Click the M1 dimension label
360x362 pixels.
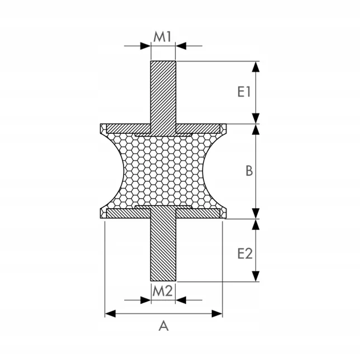pos(162,37)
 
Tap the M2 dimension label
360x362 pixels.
pos(163,292)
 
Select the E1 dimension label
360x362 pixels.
pos(244,92)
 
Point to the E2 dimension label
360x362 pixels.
pos(245,253)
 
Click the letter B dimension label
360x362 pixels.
pos(249,171)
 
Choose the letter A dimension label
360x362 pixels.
pos(164,326)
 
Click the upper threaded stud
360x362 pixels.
pos(163,97)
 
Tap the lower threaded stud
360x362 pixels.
pos(163,244)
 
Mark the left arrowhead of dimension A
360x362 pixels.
pos(110,313)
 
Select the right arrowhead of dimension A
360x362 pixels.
pos(217,313)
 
